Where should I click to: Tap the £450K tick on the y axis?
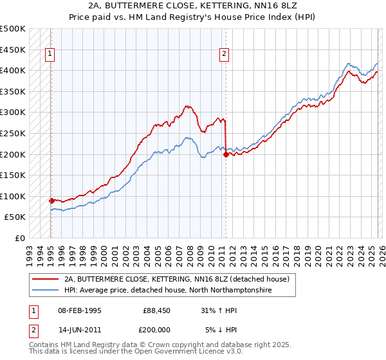click(x=13, y=50)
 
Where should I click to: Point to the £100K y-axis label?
click(x=13, y=196)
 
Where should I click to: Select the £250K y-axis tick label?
click(x=13, y=133)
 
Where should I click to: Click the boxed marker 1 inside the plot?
click(x=51, y=55)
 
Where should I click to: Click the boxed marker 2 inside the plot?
click(x=225, y=55)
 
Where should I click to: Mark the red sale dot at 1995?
click(x=51, y=201)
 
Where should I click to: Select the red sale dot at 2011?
click(x=226, y=154)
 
